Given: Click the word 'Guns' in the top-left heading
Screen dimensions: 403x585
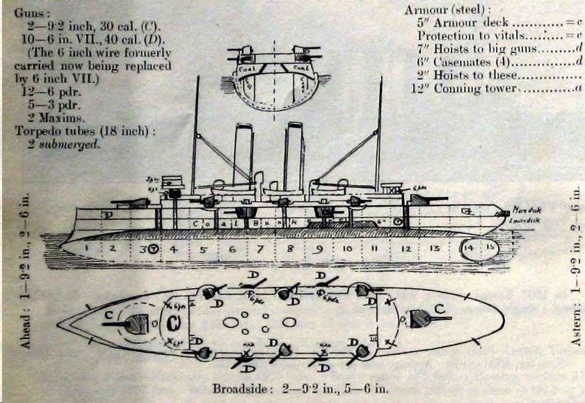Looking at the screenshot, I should (x=30, y=13).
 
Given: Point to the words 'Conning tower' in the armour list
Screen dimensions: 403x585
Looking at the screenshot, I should (x=481, y=88).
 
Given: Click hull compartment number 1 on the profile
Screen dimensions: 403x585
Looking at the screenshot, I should (x=88, y=247).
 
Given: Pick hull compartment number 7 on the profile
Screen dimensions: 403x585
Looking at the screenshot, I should (x=260, y=248).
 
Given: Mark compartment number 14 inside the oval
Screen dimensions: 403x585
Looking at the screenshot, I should (x=471, y=247).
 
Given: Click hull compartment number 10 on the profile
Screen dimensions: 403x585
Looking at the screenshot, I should (x=347, y=248).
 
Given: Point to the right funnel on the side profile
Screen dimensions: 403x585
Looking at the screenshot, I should (x=294, y=155).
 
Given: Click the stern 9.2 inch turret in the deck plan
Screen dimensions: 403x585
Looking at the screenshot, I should (x=419, y=317).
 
